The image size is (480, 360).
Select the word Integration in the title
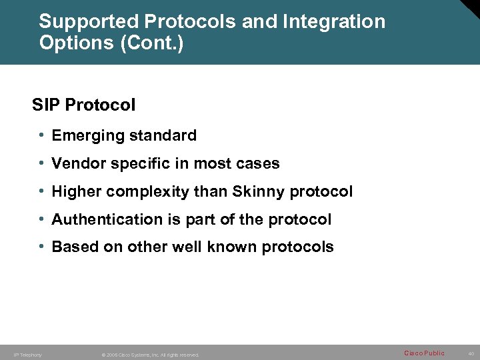(x=333, y=21)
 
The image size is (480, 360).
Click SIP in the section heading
(x=45, y=105)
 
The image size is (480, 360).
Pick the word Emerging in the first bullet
(x=85, y=136)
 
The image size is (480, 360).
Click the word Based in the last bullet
(x=75, y=247)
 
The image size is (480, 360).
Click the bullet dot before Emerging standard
(x=41, y=135)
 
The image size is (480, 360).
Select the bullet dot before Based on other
(x=41, y=247)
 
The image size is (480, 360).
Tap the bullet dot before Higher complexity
(x=41, y=191)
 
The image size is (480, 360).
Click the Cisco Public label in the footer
(x=424, y=353)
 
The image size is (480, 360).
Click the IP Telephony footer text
(x=27, y=355)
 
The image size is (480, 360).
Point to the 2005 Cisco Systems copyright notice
(x=150, y=355)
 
